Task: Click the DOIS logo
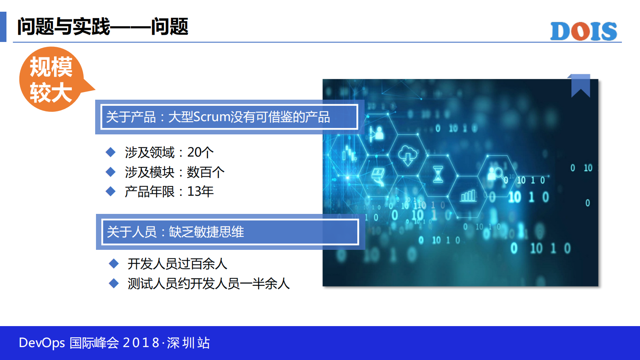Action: pyautogui.click(x=583, y=31)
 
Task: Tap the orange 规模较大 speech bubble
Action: pyautogui.click(x=52, y=79)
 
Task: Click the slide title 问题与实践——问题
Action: pyautogui.click(x=102, y=27)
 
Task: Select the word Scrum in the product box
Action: pyautogui.click(x=212, y=117)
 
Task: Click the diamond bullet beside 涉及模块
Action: pyautogui.click(x=110, y=172)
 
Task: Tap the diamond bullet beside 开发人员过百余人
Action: pyautogui.click(x=114, y=264)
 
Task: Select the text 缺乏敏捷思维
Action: pyautogui.click(x=206, y=232)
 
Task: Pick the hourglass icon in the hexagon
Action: pyautogui.click(x=438, y=174)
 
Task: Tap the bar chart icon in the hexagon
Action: pyautogui.click(x=468, y=196)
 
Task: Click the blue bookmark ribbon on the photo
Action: pyautogui.click(x=580, y=85)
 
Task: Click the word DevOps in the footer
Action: pyautogui.click(x=42, y=343)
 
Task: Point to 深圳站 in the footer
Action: pyautogui.click(x=188, y=343)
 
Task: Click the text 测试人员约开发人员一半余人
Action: pyautogui.click(x=208, y=283)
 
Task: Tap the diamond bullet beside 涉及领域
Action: pyautogui.click(x=110, y=152)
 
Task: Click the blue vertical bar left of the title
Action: pyautogui.click(x=3, y=27)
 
